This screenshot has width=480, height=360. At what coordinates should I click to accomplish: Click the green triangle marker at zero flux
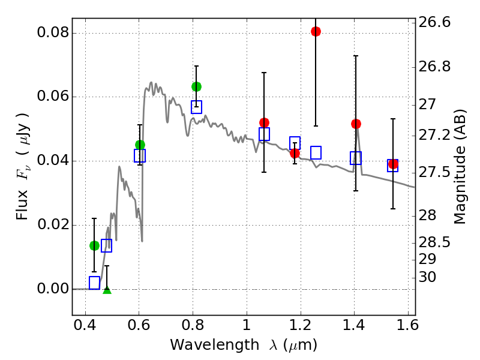point(107,290)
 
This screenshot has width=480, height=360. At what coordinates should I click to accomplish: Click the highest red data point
point(316,31)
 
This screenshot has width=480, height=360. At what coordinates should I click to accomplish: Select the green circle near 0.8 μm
point(196,86)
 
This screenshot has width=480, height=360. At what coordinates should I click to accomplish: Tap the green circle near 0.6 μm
point(140,145)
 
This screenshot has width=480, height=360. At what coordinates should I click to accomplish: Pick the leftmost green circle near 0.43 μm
point(94,245)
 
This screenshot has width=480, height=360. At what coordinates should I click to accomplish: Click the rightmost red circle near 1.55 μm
point(393,164)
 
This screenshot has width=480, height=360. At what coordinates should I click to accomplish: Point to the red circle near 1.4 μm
point(356,124)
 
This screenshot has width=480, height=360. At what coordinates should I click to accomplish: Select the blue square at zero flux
point(94,283)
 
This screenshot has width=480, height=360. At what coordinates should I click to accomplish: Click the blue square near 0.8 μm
point(196,107)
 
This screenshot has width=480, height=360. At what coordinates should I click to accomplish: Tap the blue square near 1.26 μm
point(316,152)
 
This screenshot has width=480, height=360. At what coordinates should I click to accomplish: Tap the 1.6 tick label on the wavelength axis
point(407,327)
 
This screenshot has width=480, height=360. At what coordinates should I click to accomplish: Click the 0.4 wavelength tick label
point(85,327)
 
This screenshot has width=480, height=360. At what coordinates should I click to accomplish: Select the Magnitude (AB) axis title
point(460,167)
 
